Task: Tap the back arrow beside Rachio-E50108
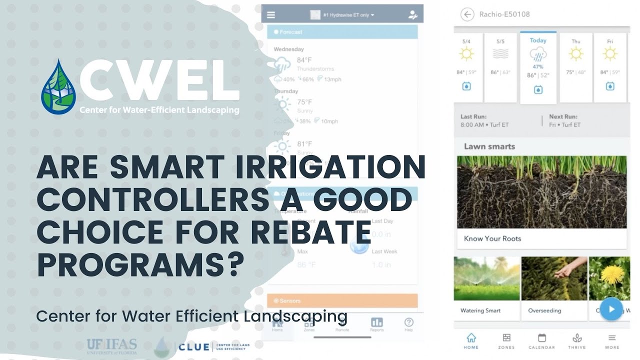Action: pos(467,14)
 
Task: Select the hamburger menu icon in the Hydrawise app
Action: pos(271,15)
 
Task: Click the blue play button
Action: pos(611,309)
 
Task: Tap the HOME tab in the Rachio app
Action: pos(471,341)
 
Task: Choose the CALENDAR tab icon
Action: pos(541,338)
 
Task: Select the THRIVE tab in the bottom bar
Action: pos(576,341)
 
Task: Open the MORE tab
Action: pos(611,341)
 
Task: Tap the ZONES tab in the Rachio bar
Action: pos(506,341)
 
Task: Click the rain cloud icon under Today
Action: pos(538,54)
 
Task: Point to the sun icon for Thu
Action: pos(576,54)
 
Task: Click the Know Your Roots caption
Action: pos(492,238)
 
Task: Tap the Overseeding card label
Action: pos(544,310)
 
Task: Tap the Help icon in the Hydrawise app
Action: pos(408,324)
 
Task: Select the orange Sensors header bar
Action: pos(342,301)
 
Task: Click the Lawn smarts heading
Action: pos(489,146)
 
